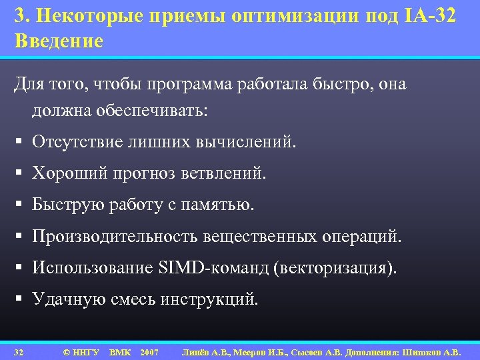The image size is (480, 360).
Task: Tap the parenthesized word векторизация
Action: [x=333, y=267]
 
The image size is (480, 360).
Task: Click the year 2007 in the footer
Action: [x=149, y=351]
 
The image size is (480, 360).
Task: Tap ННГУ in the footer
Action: [x=85, y=351]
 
